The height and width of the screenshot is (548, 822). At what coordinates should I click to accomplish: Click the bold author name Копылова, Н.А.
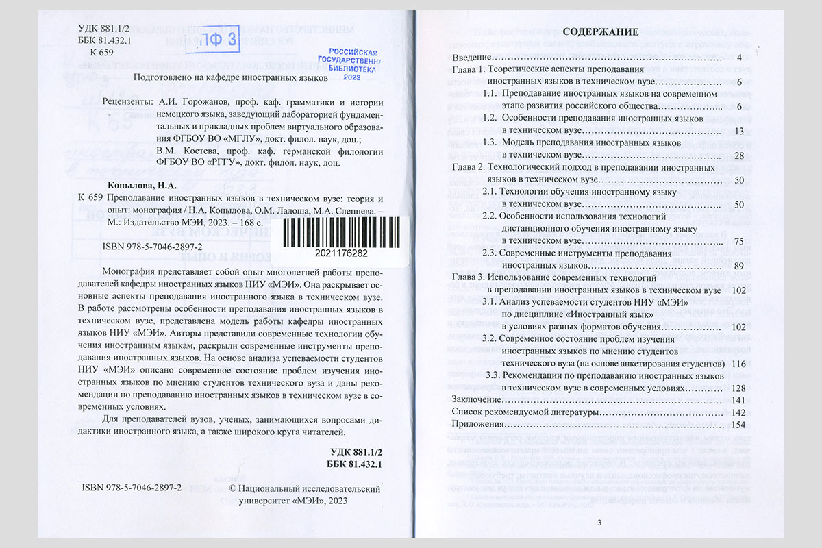(x=142, y=185)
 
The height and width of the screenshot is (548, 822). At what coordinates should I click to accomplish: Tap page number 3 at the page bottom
(x=599, y=524)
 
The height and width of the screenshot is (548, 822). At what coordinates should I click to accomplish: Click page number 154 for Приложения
(x=738, y=425)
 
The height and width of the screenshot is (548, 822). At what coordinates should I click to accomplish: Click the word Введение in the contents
(x=473, y=58)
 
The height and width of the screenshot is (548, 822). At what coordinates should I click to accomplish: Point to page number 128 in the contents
(x=738, y=388)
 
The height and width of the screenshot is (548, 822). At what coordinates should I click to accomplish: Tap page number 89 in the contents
(x=738, y=266)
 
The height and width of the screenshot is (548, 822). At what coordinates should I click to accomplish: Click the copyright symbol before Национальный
(x=232, y=488)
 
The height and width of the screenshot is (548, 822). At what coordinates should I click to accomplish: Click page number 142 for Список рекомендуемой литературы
(x=738, y=412)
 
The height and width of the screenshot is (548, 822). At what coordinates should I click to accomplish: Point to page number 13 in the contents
(x=738, y=131)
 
